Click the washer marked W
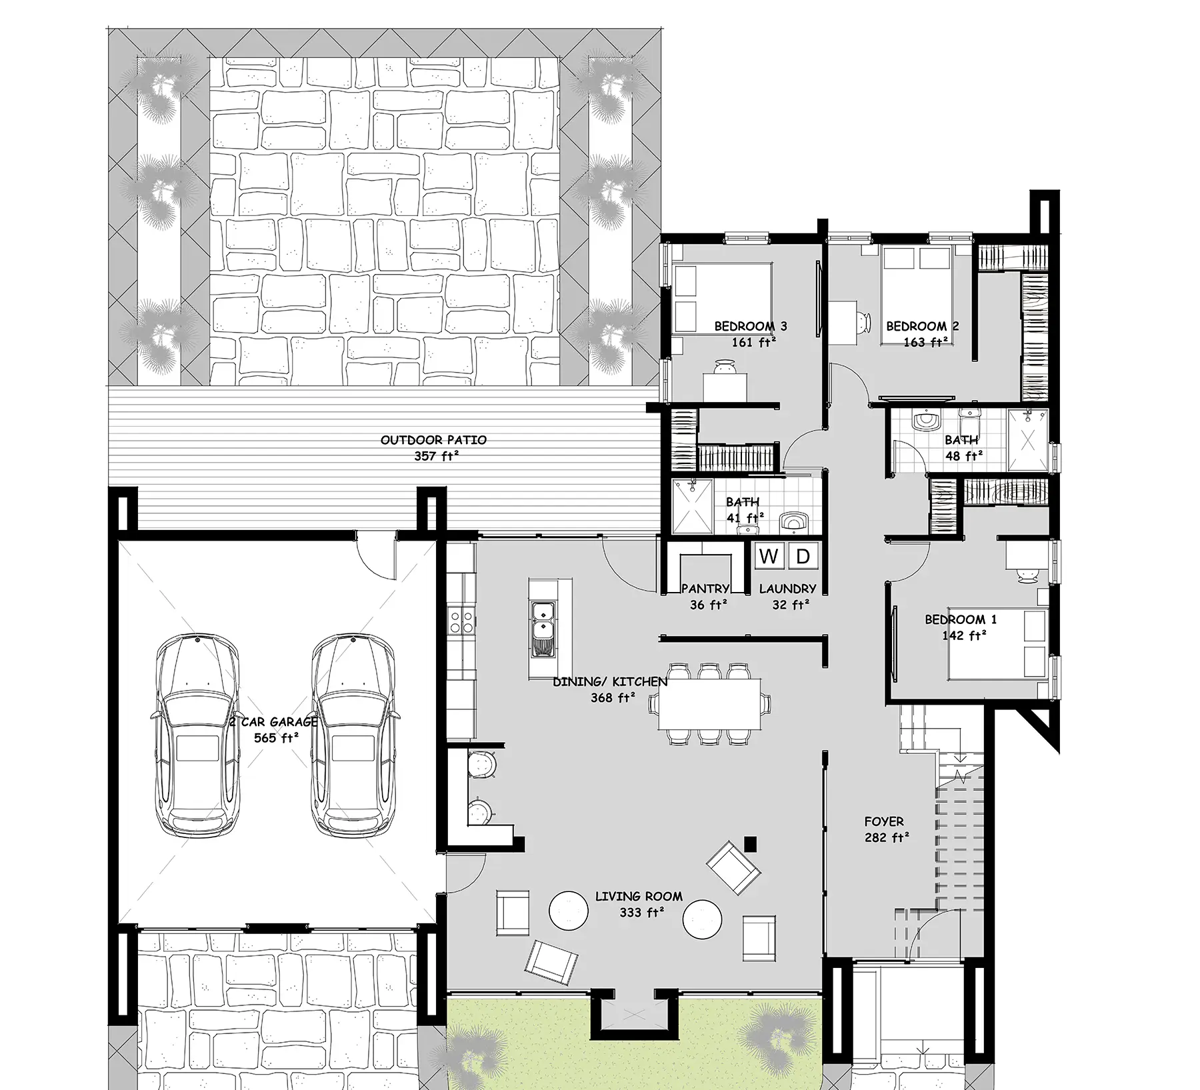tap(769, 556)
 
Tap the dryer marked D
tap(803, 556)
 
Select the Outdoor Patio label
tap(433, 440)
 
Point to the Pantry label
tap(705, 589)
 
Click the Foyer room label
tap(884, 821)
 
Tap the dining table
tap(709, 704)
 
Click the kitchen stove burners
tap(461, 621)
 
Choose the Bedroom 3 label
tap(751, 327)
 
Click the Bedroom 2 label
tap(923, 327)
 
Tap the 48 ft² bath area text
tap(964, 456)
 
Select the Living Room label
tap(639, 897)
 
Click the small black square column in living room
tap(751, 844)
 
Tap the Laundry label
tap(787, 589)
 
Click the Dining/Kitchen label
tap(610, 682)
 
